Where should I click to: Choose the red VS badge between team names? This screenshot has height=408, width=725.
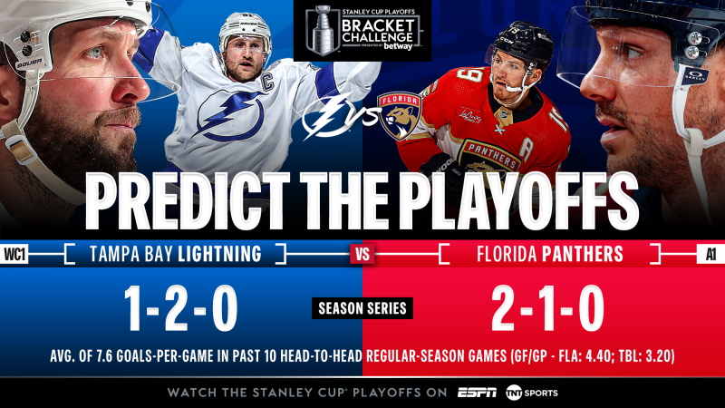point(362,254)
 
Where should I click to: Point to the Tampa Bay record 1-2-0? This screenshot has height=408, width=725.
point(181,309)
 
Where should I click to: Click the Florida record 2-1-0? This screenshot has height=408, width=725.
point(547,309)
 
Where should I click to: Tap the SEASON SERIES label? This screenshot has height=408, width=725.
point(362,309)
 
